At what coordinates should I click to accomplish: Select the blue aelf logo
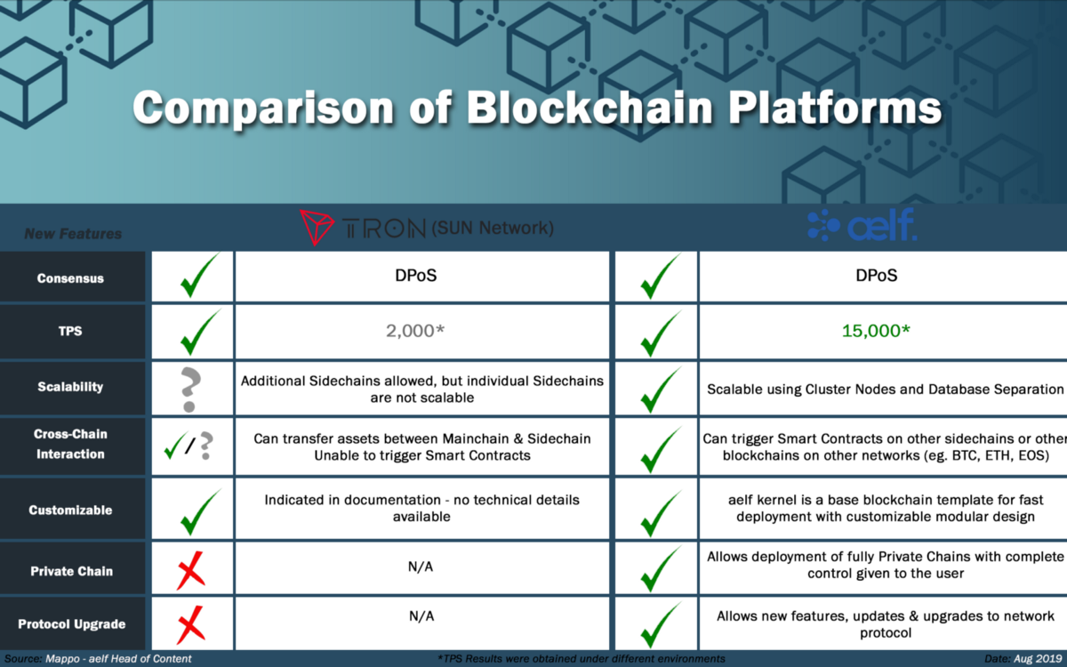point(862,225)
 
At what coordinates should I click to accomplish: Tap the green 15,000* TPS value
point(876,331)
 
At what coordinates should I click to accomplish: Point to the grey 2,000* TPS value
point(415,331)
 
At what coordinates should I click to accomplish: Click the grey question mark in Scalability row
point(190,389)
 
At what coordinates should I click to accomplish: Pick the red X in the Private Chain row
point(191,571)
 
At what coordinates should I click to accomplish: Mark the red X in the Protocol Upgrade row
point(191,624)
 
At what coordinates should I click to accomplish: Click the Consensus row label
point(70,278)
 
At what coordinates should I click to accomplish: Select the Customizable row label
point(70,510)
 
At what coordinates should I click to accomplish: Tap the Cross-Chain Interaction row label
point(70,444)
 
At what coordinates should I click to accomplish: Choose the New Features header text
point(73,233)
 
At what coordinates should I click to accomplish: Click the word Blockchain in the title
point(590,108)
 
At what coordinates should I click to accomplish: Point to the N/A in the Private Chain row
point(421,567)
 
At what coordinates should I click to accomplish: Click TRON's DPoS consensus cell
point(416,276)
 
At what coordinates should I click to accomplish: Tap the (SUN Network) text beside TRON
point(493,228)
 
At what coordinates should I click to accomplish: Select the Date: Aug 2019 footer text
point(1023,659)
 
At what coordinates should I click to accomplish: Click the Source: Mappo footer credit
point(98,658)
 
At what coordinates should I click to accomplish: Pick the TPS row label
point(70,331)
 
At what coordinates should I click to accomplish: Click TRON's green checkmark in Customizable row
point(200,511)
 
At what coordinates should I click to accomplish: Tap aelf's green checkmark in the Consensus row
point(660,276)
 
